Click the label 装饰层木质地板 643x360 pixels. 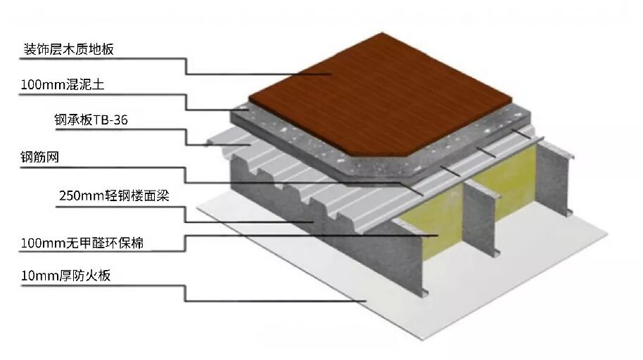pos(68,49)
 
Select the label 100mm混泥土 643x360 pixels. pos(63,85)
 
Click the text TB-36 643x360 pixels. pos(109,120)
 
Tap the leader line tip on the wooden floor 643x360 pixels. pos(331,75)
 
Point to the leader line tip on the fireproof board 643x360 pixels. pos(366,301)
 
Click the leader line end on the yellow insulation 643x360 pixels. pos(439,235)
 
